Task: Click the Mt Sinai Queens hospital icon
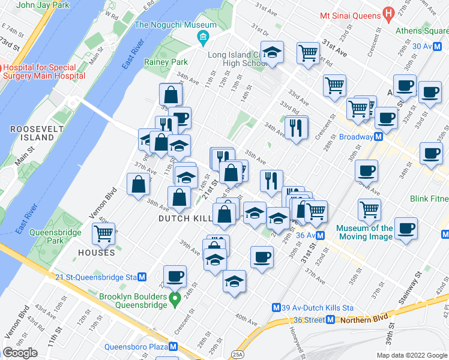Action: pos(388,13)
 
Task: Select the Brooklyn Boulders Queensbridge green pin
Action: pos(175,298)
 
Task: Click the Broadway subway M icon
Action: pos(379,137)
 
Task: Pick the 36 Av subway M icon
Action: pos(321,235)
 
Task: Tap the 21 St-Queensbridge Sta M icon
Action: pos(142,277)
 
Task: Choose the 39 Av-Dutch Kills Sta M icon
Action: pos(277,307)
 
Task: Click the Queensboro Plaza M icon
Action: pos(173,346)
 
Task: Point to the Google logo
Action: pos(20,353)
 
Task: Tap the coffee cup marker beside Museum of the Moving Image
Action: pos(406,229)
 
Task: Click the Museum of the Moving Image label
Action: pos(365,232)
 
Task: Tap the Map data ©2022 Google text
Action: pos(412,355)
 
